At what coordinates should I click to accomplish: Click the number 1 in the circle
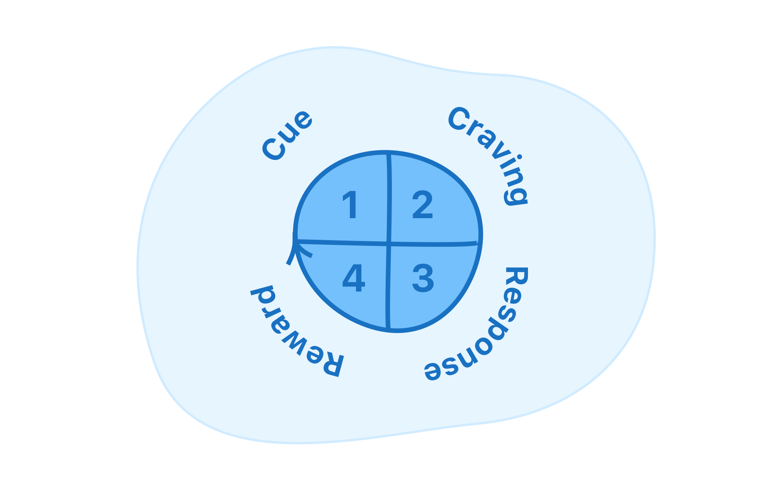coord(351,205)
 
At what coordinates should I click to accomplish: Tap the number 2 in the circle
coord(422,205)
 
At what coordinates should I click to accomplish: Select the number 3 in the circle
coord(423,278)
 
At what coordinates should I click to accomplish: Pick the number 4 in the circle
coord(354,278)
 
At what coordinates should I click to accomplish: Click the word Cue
coord(287,135)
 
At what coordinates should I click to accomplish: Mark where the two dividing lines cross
coord(389,244)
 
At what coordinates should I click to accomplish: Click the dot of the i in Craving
coord(519,158)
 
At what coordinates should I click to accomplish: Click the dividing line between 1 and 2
coord(389,197)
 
